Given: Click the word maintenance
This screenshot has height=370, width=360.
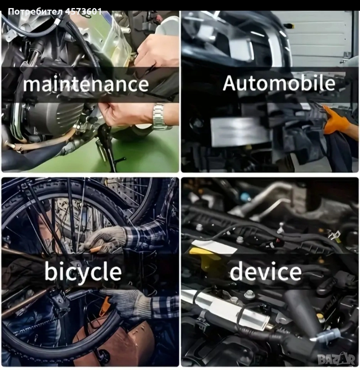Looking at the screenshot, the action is [x=86, y=84].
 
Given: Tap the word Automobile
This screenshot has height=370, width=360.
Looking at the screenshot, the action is [x=279, y=83].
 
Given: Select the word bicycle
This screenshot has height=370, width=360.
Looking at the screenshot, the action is [x=83, y=272].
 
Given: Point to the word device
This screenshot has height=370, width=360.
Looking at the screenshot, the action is [x=266, y=271].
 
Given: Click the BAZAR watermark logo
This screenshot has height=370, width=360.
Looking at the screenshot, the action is [x=336, y=359].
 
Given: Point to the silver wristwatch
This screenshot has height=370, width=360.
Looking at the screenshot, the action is [x=161, y=116].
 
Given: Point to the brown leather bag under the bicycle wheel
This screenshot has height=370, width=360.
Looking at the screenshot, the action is [x=116, y=342].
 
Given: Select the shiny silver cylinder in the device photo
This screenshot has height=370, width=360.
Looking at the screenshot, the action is [x=227, y=309].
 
